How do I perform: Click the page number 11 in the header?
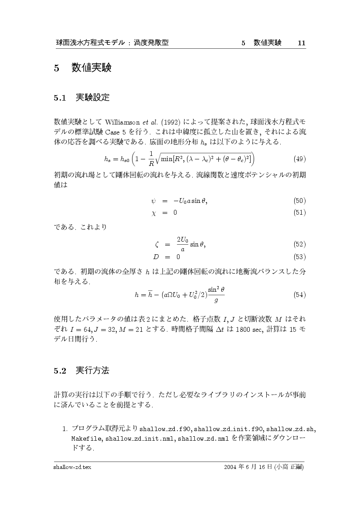(x=301, y=43)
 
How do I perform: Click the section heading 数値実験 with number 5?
(x=82, y=68)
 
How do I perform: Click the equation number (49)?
(x=299, y=158)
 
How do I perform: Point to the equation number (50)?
(x=299, y=201)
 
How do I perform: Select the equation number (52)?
(x=299, y=244)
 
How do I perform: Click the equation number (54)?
(x=299, y=294)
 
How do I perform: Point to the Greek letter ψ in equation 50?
(x=153, y=201)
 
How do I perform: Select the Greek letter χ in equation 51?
(x=153, y=213)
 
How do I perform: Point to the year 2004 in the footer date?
(x=231, y=467)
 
